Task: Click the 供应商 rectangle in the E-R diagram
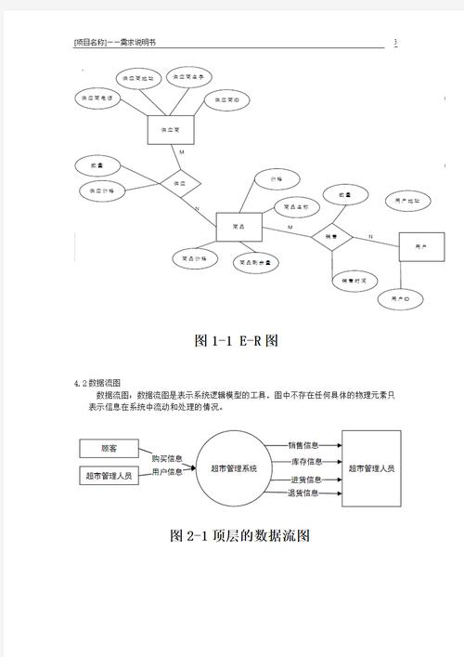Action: tap(169, 129)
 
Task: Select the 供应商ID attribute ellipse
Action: tap(226, 99)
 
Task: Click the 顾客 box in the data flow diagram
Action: tap(110, 448)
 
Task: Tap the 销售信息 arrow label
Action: tap(304, 445)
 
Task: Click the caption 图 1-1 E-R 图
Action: tap(237, 341)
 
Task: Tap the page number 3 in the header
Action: tap(395, 43)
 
